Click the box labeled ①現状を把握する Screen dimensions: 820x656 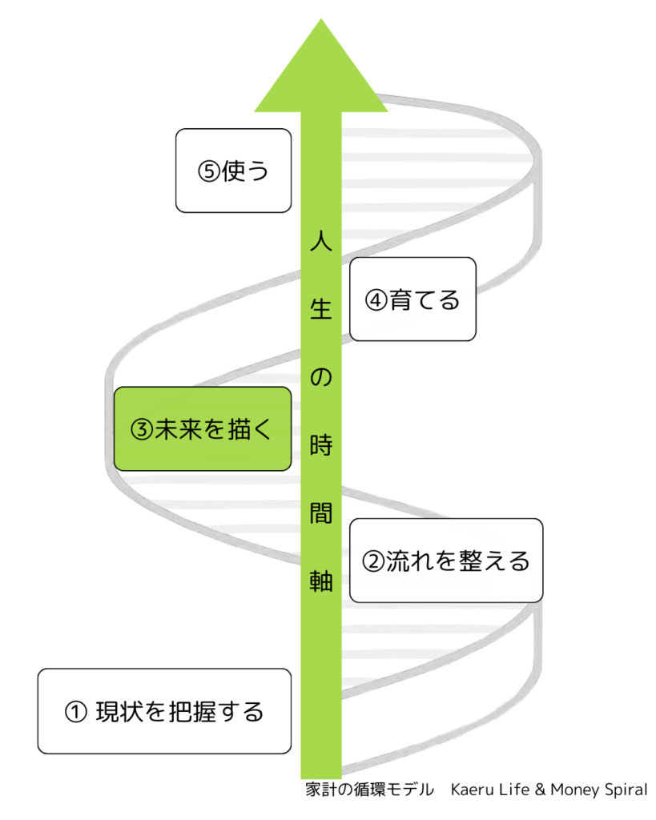tap(164, 711)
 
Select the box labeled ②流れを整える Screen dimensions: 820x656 tap(446, 561)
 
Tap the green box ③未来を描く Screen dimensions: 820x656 tap(201, 429)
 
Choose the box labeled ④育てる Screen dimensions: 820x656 tap(413, 299)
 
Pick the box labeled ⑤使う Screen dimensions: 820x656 tap(232, 171)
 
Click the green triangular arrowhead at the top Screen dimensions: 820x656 tap(320, 68)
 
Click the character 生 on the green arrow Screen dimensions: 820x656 tap(320, 309)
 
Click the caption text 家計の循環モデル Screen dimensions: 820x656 tap(369, 790)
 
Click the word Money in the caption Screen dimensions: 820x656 tap(572, 790)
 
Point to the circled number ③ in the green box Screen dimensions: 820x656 tap(141, 430)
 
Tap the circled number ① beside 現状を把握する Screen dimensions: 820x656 tap(74, 712)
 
